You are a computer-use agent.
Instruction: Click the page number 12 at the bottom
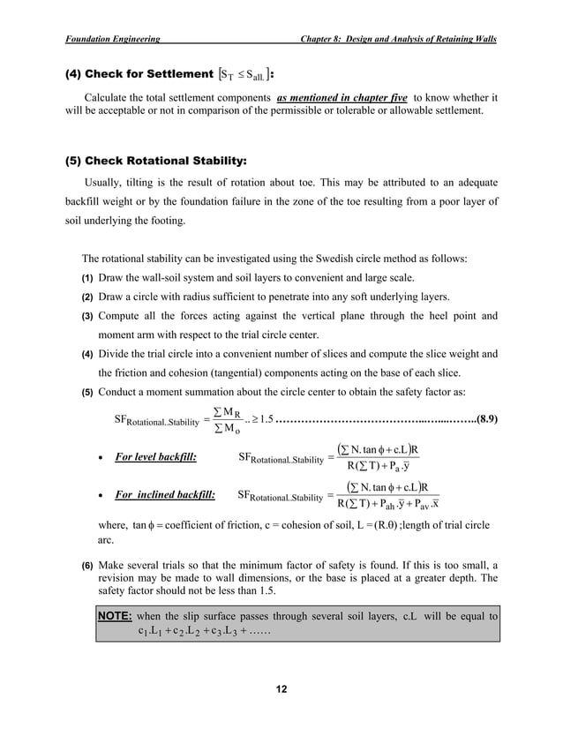click(281, 688)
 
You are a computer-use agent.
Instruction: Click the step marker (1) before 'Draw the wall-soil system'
click(88, 279)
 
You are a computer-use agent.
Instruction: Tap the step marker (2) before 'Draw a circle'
click(88, 297)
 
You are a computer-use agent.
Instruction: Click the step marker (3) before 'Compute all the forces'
click(88, 316)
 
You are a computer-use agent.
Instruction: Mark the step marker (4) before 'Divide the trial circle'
click(88, 355)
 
